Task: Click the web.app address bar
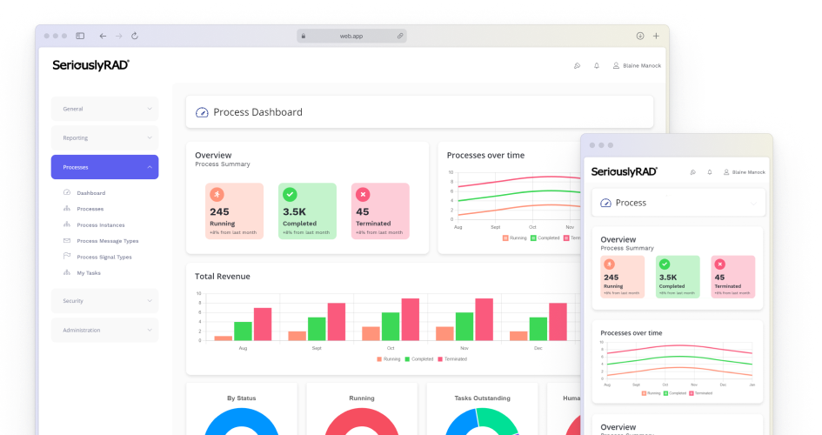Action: click(351, 36)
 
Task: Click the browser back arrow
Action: click(103, 36)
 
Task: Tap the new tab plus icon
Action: click(655, 36)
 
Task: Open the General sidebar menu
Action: click(104, 109)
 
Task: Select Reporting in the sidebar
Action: click(104, 137)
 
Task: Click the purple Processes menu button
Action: click(104, 167)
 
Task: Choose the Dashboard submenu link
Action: click(90, 193)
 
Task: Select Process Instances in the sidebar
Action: click(100, 225)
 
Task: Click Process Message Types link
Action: click(107, 241)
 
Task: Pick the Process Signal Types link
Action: click(104, 257)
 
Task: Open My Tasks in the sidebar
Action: click(88, 273)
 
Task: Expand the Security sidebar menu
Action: click(104, 301)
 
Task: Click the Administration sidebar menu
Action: click(104, 330)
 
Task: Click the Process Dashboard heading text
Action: click(257, 112)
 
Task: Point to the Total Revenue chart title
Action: click(222, 277)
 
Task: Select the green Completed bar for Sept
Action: click(317, 329)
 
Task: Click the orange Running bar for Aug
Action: click(224, 338)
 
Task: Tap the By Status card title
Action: click(242, 398)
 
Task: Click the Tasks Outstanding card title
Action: click(482, 398)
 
